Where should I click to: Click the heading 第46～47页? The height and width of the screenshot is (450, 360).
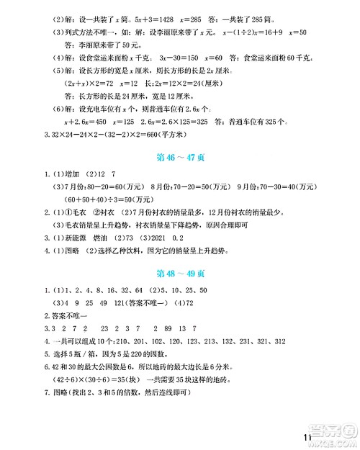coord(180,154)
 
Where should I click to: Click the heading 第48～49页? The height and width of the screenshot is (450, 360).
coord(180,274)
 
